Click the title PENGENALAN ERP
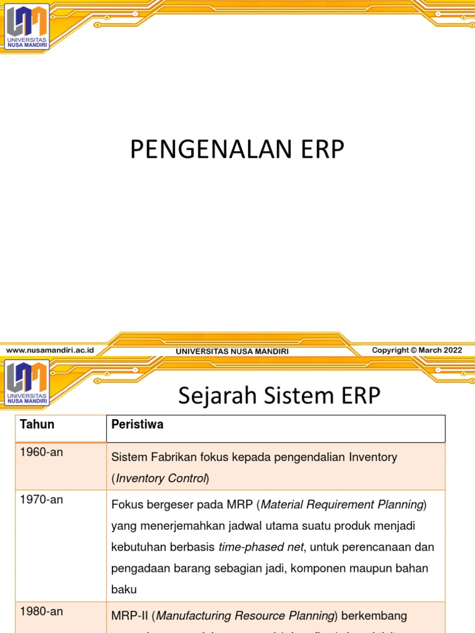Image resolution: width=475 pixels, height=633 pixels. point(236,150)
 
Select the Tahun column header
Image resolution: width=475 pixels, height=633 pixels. point(37,424)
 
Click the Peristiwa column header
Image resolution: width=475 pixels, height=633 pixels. point(137,424)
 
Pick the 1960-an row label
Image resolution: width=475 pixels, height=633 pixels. point(41,452)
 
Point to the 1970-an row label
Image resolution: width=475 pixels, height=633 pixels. point(41,499)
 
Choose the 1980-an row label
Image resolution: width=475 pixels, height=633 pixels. point(41,611)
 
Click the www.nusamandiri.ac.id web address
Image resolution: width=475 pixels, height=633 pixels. point(50,350)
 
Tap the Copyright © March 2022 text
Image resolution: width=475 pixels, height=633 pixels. point(417,350)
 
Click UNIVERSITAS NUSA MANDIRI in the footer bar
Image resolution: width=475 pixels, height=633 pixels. point(232,351)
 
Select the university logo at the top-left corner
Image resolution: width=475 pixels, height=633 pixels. point(27,27)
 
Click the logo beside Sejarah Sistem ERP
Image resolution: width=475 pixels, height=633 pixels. point(27,383)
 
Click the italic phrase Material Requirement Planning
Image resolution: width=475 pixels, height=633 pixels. point(341,505)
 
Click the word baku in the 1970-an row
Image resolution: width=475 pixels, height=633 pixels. point(123,589)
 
